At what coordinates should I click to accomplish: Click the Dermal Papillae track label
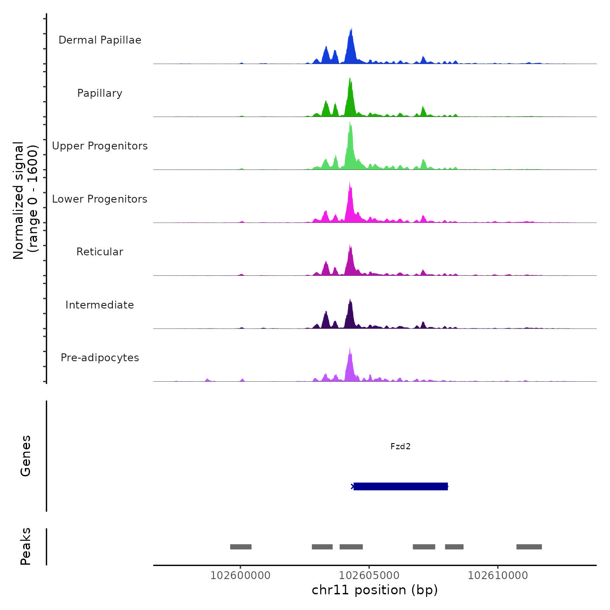click(x=100, y=40)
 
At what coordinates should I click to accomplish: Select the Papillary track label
click(x=100, y=93)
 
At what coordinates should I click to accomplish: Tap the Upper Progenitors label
click(x=100, y=146)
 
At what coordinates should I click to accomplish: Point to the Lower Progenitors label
click(x=100, y=199)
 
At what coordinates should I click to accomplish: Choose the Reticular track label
click(x=100, y=252)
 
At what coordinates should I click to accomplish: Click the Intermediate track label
click(x=100, y=305)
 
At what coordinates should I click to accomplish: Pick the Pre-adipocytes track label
click(x=100, y=358)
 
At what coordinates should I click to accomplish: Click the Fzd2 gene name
click(x=400, y=447)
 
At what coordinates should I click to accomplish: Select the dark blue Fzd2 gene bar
click(x=400, y=486)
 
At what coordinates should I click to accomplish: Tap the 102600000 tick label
click(x=241, y=576)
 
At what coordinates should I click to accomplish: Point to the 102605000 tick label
click(x=369, y=576)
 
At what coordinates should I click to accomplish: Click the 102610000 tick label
click(x=498, y=576)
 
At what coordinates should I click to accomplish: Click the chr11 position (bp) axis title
click(x=375, y=590)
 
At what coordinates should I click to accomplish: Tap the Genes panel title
click(x=26, y=456)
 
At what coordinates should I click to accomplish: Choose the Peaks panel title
click(x=26, y=546)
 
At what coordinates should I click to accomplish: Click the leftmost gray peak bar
click(x=241, y=547)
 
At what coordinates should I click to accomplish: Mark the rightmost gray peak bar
click(x=529, y=547)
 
